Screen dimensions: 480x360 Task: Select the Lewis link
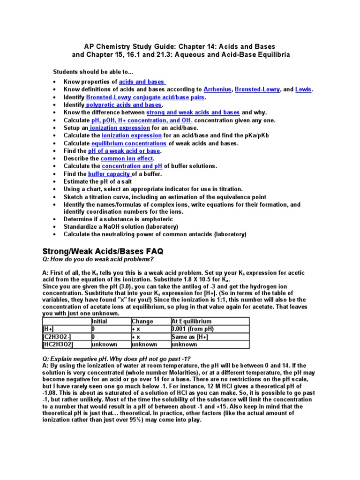(x=304, y=89)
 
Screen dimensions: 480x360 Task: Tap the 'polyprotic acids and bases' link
(x=123, y=105)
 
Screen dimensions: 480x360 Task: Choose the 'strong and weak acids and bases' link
(x=193, y=112)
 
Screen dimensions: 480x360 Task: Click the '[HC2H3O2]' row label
(x=58, y=344)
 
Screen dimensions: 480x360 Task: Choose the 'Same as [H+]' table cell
(x=189, y=337)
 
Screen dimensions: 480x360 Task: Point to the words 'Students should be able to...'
(x=93, y=71)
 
